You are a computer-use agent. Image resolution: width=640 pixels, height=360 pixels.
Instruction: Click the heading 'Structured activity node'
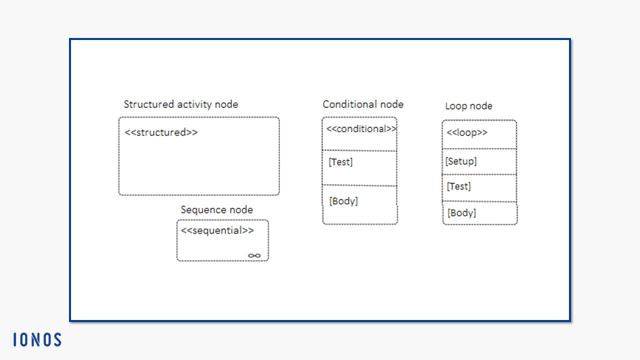tap(181, 104)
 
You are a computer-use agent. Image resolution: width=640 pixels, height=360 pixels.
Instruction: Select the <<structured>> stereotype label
tap(161, 132)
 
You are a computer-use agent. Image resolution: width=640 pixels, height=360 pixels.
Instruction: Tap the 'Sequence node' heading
tap(217, 210)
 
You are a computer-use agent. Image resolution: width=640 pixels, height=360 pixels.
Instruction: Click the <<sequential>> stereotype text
tap(217, 230)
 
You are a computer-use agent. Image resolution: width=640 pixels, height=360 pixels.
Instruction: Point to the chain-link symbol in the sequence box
tap(254, 255)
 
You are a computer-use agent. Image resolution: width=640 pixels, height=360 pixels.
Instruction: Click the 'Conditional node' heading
tap(363, 104)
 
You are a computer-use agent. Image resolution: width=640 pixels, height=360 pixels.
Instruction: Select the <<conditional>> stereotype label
tap(361, 129)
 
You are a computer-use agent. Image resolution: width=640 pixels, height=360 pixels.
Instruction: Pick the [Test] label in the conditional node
tap(340, 162)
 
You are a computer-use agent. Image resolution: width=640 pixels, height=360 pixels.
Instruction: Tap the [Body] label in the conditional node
tap(343, 201)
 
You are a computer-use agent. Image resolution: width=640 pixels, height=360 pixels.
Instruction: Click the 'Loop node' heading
tap(469, 106)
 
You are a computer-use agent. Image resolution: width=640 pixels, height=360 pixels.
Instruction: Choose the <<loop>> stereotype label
tap(467, 132)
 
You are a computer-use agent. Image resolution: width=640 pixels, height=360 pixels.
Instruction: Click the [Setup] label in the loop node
tap(461, 161)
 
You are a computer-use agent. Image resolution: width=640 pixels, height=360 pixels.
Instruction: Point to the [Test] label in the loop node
tap(459, 186)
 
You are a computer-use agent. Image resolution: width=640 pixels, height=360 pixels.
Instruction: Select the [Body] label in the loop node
tap(461, 213)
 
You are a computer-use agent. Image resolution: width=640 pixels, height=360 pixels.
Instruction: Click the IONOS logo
tap(37, 339)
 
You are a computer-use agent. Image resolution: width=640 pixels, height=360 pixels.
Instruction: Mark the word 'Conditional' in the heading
tap(348, 104)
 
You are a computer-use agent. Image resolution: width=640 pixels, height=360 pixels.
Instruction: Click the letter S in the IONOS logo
tap(57, 339)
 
